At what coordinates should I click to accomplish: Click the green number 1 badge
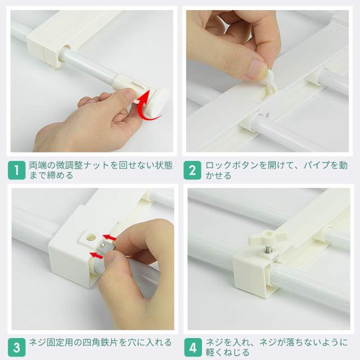coord(17,170)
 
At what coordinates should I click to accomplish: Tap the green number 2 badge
coord(193,170)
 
